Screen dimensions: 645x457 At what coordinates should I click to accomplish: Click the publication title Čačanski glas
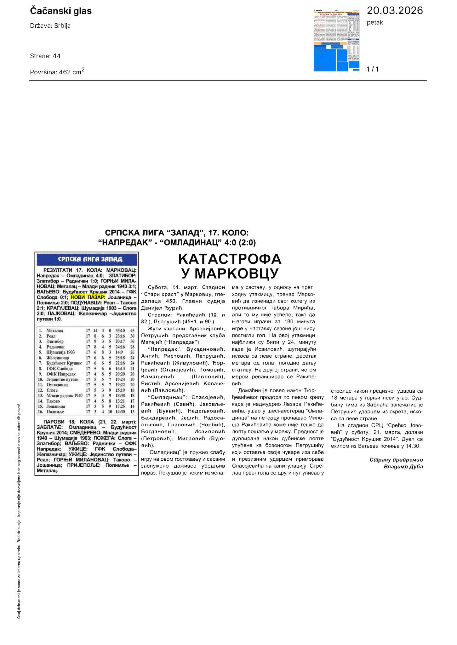pos(61,11)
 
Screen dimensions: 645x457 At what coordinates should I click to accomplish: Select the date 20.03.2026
pos(395,11)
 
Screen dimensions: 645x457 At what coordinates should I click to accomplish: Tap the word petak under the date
pos(375,22)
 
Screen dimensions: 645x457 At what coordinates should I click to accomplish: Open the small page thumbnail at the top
pos(337,40)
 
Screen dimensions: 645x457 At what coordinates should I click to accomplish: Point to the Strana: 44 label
pos(45,56)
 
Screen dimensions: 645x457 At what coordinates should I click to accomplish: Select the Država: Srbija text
pos(50,26)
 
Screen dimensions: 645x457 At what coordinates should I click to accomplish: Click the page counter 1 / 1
pos(373,69)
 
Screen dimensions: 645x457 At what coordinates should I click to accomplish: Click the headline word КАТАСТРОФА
pos(230,259)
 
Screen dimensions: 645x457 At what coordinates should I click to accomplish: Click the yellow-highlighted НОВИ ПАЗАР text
pos(88,297)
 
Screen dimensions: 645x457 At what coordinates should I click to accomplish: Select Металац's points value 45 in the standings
pos(132,331)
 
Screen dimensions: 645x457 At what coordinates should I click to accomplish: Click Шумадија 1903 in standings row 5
pos(60,352)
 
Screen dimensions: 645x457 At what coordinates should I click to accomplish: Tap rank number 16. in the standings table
pos(40,412)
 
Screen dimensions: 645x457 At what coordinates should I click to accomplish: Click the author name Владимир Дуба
pos(403,467)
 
